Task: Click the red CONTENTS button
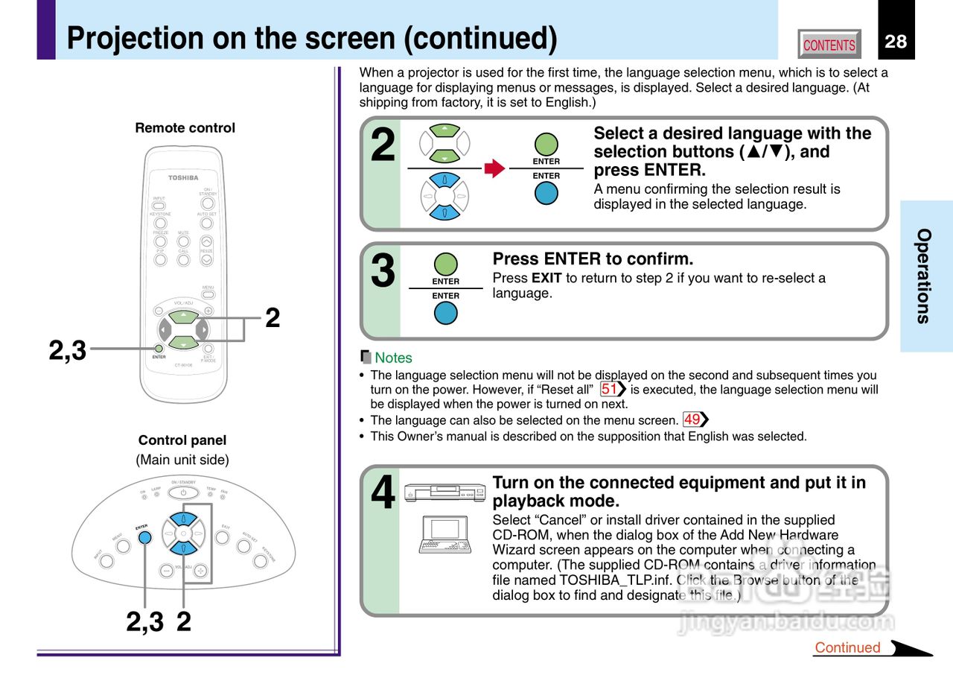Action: tap(829, 45)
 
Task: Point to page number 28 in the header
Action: tap(896, 42)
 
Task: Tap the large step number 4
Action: tap(383, 493)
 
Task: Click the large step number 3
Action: tap(383, 271)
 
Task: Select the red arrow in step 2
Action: tap(494, 168)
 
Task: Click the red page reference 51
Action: tap(610, 389)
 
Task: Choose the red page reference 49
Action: tap(692, 419)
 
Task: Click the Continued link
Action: tap(847, 647)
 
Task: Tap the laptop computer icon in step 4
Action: tap(444, 534)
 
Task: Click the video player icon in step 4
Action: tap(444, 492)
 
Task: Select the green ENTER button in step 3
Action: tap(446, 264)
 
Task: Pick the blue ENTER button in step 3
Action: tap(446, 313)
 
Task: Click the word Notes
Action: tap(393, 358)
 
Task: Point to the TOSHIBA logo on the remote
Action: tap(183, 177)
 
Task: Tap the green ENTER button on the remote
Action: tap(159, 348)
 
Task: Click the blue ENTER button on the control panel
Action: tap(145, 537)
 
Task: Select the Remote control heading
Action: tap(185, 128)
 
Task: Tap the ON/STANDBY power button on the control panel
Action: tap(183, 493)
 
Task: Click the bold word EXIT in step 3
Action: tap(546, 278)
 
